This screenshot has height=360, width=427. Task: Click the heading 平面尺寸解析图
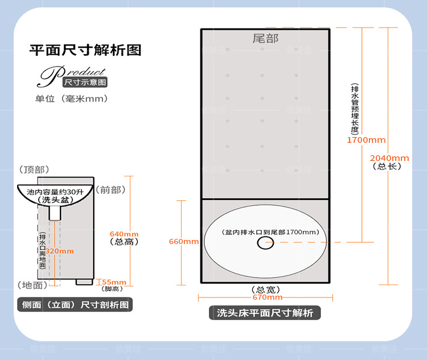[x=85, y=50]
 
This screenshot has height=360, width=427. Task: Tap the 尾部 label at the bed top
[x=265, y=39]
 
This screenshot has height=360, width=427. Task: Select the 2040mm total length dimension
[x=389, y=158]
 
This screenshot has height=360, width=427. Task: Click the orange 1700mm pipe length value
[x=367, y=140]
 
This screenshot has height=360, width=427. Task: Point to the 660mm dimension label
[x=184, y=241]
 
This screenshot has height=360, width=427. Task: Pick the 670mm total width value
[x=266, y=297]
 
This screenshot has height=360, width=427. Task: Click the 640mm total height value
[x=124, y=234]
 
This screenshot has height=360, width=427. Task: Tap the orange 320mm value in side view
[x=59, y=251]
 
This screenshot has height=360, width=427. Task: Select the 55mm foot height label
[x=114, y=282]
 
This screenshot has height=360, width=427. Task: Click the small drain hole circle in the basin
[x=265, y=243]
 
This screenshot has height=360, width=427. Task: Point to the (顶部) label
[x=34, y=169]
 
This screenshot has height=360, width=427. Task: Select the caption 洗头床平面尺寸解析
[x=265, y=313]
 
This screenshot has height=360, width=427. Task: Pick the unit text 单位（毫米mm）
[x=72, y=98]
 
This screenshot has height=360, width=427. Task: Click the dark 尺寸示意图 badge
[x=85, y=82]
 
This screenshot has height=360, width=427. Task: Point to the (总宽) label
[x=265, y=289]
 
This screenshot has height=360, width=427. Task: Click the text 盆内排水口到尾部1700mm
[x=266, y=232]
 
